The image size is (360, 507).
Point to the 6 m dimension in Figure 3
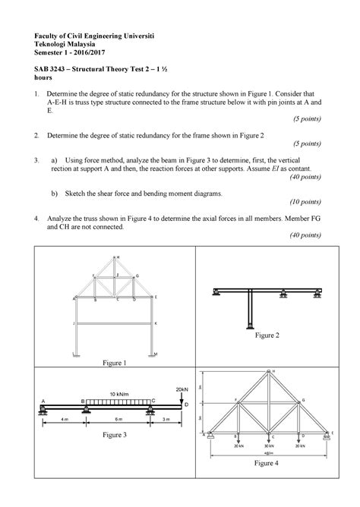click(118, 419)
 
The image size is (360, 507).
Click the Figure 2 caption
click(268, 335)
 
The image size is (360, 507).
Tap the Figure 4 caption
click(266, 462)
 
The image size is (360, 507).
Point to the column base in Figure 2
click(249, 326)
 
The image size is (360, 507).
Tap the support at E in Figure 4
click(331, 435)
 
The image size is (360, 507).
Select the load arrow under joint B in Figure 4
click(238, 440)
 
